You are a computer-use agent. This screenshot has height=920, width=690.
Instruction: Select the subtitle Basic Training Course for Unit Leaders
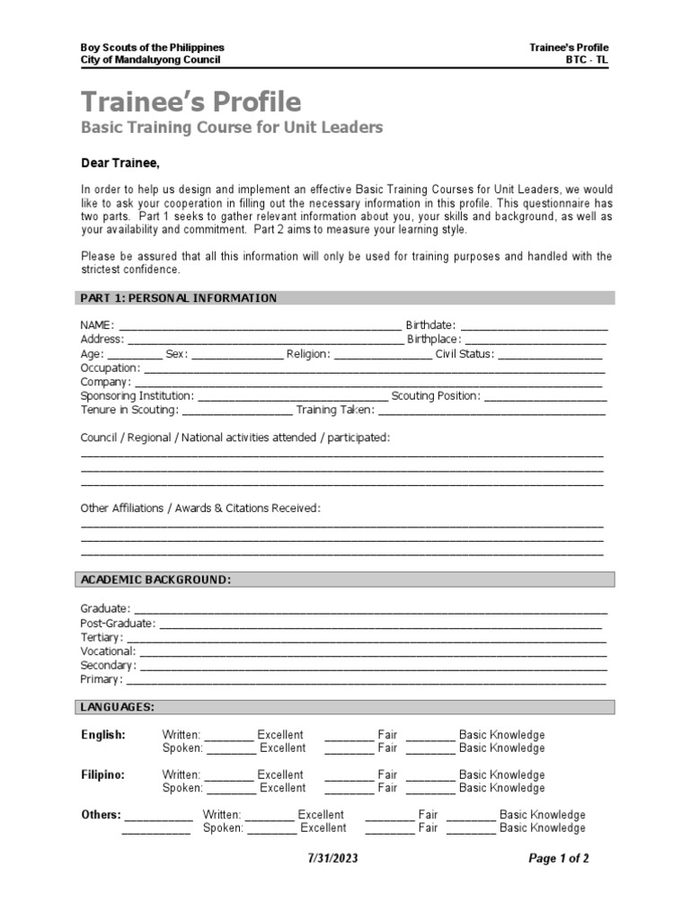click(x=232, y=128)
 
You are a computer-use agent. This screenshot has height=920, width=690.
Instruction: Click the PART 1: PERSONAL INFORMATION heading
click(x=179, y=298)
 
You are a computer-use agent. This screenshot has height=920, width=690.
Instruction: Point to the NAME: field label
click(x=97, y=325)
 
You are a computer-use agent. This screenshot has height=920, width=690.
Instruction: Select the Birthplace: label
click(x=434, y=340)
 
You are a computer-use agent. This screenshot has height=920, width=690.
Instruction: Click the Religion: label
click(x=308, y=354)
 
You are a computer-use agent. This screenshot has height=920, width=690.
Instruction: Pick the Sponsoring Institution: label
click(x=137, y=396)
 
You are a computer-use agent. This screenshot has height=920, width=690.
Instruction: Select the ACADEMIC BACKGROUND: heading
click(x=156, y=580)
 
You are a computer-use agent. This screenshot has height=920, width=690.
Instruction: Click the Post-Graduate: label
click(x=118, y=624)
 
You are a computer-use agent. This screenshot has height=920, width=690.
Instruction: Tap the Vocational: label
click(x=108, y=651)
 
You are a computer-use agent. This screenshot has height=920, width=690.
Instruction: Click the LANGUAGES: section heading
click(x=118, y=708)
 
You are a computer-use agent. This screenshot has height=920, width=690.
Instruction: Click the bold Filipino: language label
click(x=103, y=774)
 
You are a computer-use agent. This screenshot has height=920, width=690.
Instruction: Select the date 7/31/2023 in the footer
click(x=333, y=859)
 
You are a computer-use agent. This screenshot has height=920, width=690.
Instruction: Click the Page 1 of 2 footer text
click(x=559, y=859)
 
